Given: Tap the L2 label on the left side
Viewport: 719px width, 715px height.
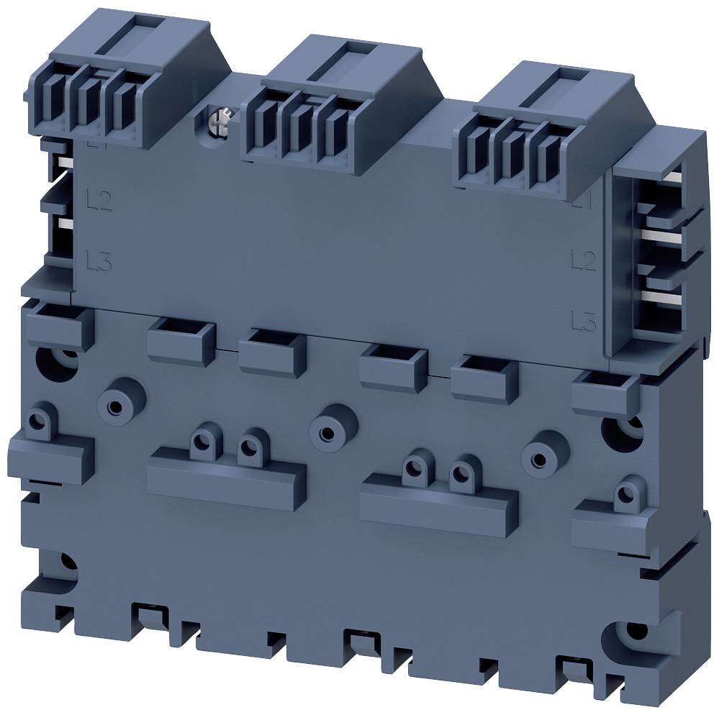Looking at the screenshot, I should (x=99, y=199).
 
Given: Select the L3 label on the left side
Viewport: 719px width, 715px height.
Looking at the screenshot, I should (x=99, y=260).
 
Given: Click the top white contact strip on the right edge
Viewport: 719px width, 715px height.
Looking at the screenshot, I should (x=673, y=175).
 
